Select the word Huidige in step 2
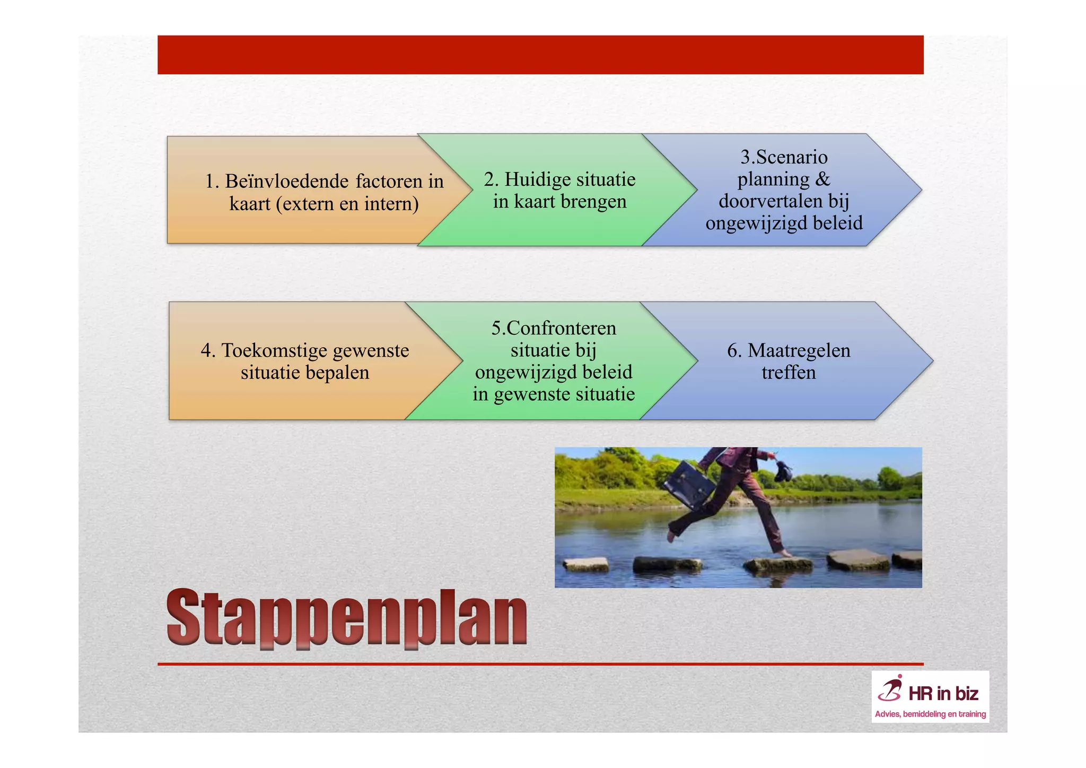point(536,179)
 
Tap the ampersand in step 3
point(822,179)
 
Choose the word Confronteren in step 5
point(561,328)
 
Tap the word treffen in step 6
point(789,373)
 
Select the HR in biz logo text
point(943,694)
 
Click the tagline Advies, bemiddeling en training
point(930,714)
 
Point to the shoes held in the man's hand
point(784,470)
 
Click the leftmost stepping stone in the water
point(585,564)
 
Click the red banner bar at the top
point(540,55)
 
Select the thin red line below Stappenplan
point(540,664)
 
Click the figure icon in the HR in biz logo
point(890,689)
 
